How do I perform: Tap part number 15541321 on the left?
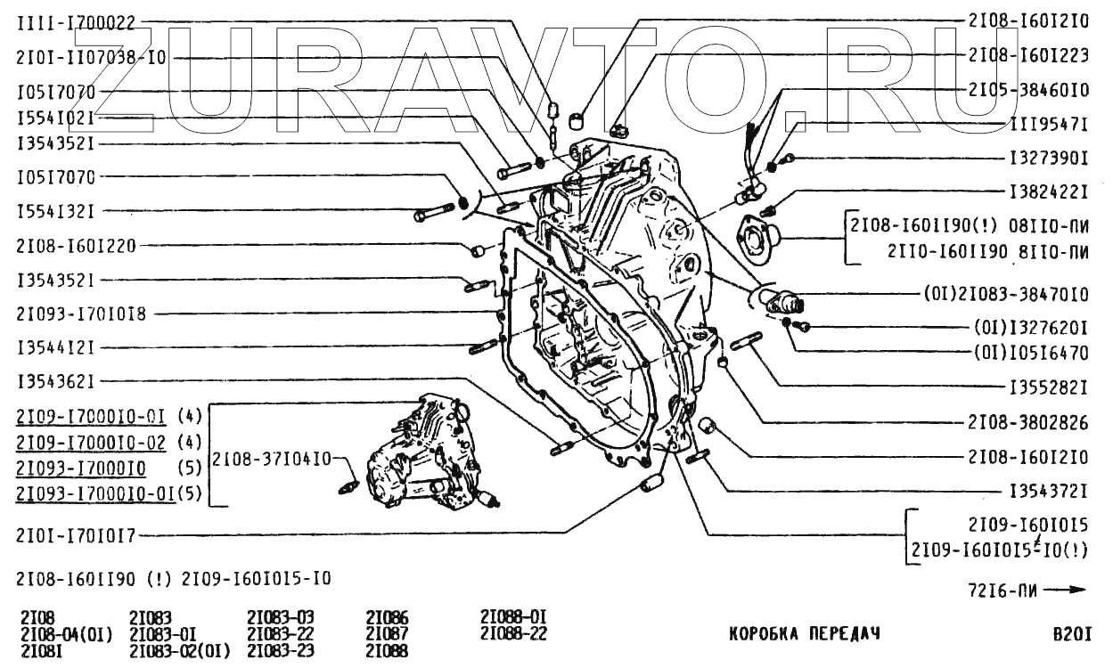pyautogui.click(x=55, y=211)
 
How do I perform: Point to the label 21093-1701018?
pyautogui.click(x=81, y=314)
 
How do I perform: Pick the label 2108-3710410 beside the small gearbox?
pyautogui.click(x=270, y=460)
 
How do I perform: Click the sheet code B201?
pyautogui.click(x=1071, y=634)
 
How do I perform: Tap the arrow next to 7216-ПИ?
pyautogui.click(x=1065, y=590)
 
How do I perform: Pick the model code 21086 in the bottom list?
pyautogui.click(x=387, y=617)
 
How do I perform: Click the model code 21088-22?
pyautogui.click(x=512, y=633)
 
